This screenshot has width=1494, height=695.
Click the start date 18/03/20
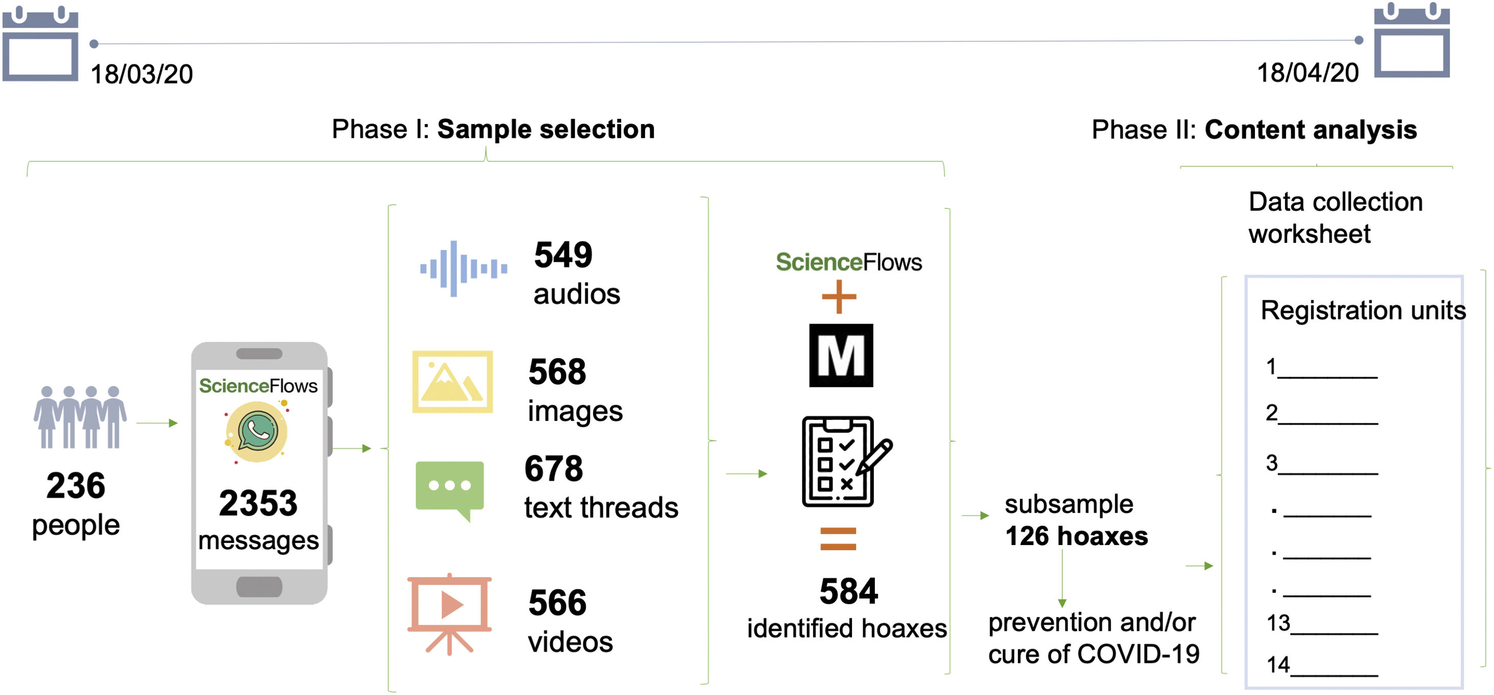pyautogui.click(x=141, y=74)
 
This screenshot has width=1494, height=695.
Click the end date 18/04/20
pyautogui.click(x=1307, y=73)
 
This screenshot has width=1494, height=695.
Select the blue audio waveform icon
pyautogui.click(x=463, y=268)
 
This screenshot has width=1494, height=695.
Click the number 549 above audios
pyautogui.click(x=562, y=255)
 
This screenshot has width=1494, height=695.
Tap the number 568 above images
pyautogui.click(x=557, y=371)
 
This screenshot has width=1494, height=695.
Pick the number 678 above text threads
pyautogui.click(x=553, y=468)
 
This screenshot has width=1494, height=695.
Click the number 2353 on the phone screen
pyautogui.click(x=258, y=503)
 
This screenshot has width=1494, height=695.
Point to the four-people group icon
pyautogui.click(x=80, y=417)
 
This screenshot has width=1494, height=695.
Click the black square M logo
pyautogui.click(x=840, y=355)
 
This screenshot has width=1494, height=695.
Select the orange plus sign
pyautogui.click(x=839, y=297)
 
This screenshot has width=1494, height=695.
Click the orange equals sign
pyautogui.click(x=838, y=538)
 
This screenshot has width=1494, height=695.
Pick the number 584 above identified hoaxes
pyautogui.click(x=848, y=591)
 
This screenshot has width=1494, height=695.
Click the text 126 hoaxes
pyautogui.click(x=1076, y=536)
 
